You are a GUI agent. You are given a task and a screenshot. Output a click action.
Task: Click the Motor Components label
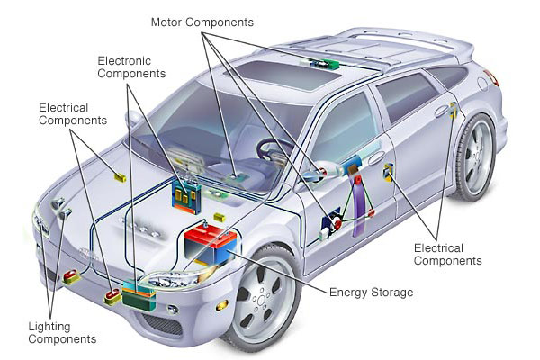pos(202,22)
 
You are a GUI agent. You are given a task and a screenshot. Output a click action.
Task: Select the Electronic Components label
pos(131,67)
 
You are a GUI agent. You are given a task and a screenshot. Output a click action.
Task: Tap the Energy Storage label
pos(371,292)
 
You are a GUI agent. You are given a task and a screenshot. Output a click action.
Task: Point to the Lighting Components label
pos(62,332)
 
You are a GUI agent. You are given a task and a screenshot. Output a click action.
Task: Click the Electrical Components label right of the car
pos(447,254)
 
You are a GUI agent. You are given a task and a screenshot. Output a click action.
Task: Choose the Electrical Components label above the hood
pos(73,114)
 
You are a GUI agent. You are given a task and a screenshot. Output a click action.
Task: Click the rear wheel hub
pos(477,157)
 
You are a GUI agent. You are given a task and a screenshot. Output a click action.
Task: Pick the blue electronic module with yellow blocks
pos(186,198)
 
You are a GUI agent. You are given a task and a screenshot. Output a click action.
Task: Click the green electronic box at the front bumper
pos(139,295)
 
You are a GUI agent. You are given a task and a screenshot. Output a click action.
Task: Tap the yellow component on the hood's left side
pos(121,177)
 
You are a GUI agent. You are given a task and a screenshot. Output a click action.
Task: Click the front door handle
pos(376,158)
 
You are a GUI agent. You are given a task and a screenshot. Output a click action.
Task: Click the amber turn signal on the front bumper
pos(222,305)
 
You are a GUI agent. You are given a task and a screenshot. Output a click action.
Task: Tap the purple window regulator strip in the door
pos(357,203)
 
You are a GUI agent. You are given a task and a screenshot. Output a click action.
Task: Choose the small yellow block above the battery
pos(220,217)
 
